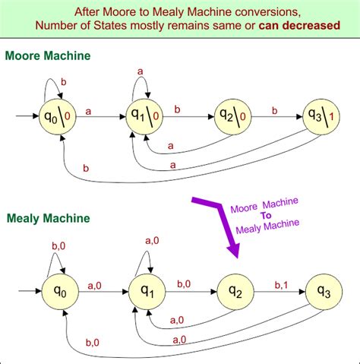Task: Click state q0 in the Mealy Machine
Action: click(65, 290)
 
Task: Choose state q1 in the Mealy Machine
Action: click(149, 290)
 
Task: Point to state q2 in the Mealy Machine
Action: click(236, 290)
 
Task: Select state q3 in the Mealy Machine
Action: click(324, 290)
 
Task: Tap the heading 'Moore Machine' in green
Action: click(47, 56)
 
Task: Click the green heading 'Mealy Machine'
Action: click(46, 219)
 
